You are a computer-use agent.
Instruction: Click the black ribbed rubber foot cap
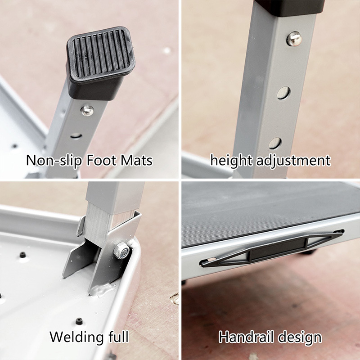100,63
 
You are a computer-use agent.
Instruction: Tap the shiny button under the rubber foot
87,110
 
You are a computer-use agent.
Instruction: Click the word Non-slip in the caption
54,160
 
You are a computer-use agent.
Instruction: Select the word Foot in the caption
102,160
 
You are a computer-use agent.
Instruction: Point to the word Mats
137,160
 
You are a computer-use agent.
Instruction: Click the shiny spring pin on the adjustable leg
294,38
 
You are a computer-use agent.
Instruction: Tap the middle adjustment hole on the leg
283,93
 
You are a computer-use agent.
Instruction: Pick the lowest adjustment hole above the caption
275,143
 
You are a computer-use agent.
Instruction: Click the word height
231,160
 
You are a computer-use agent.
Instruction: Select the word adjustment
293,160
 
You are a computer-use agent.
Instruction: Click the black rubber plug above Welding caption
79,321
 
